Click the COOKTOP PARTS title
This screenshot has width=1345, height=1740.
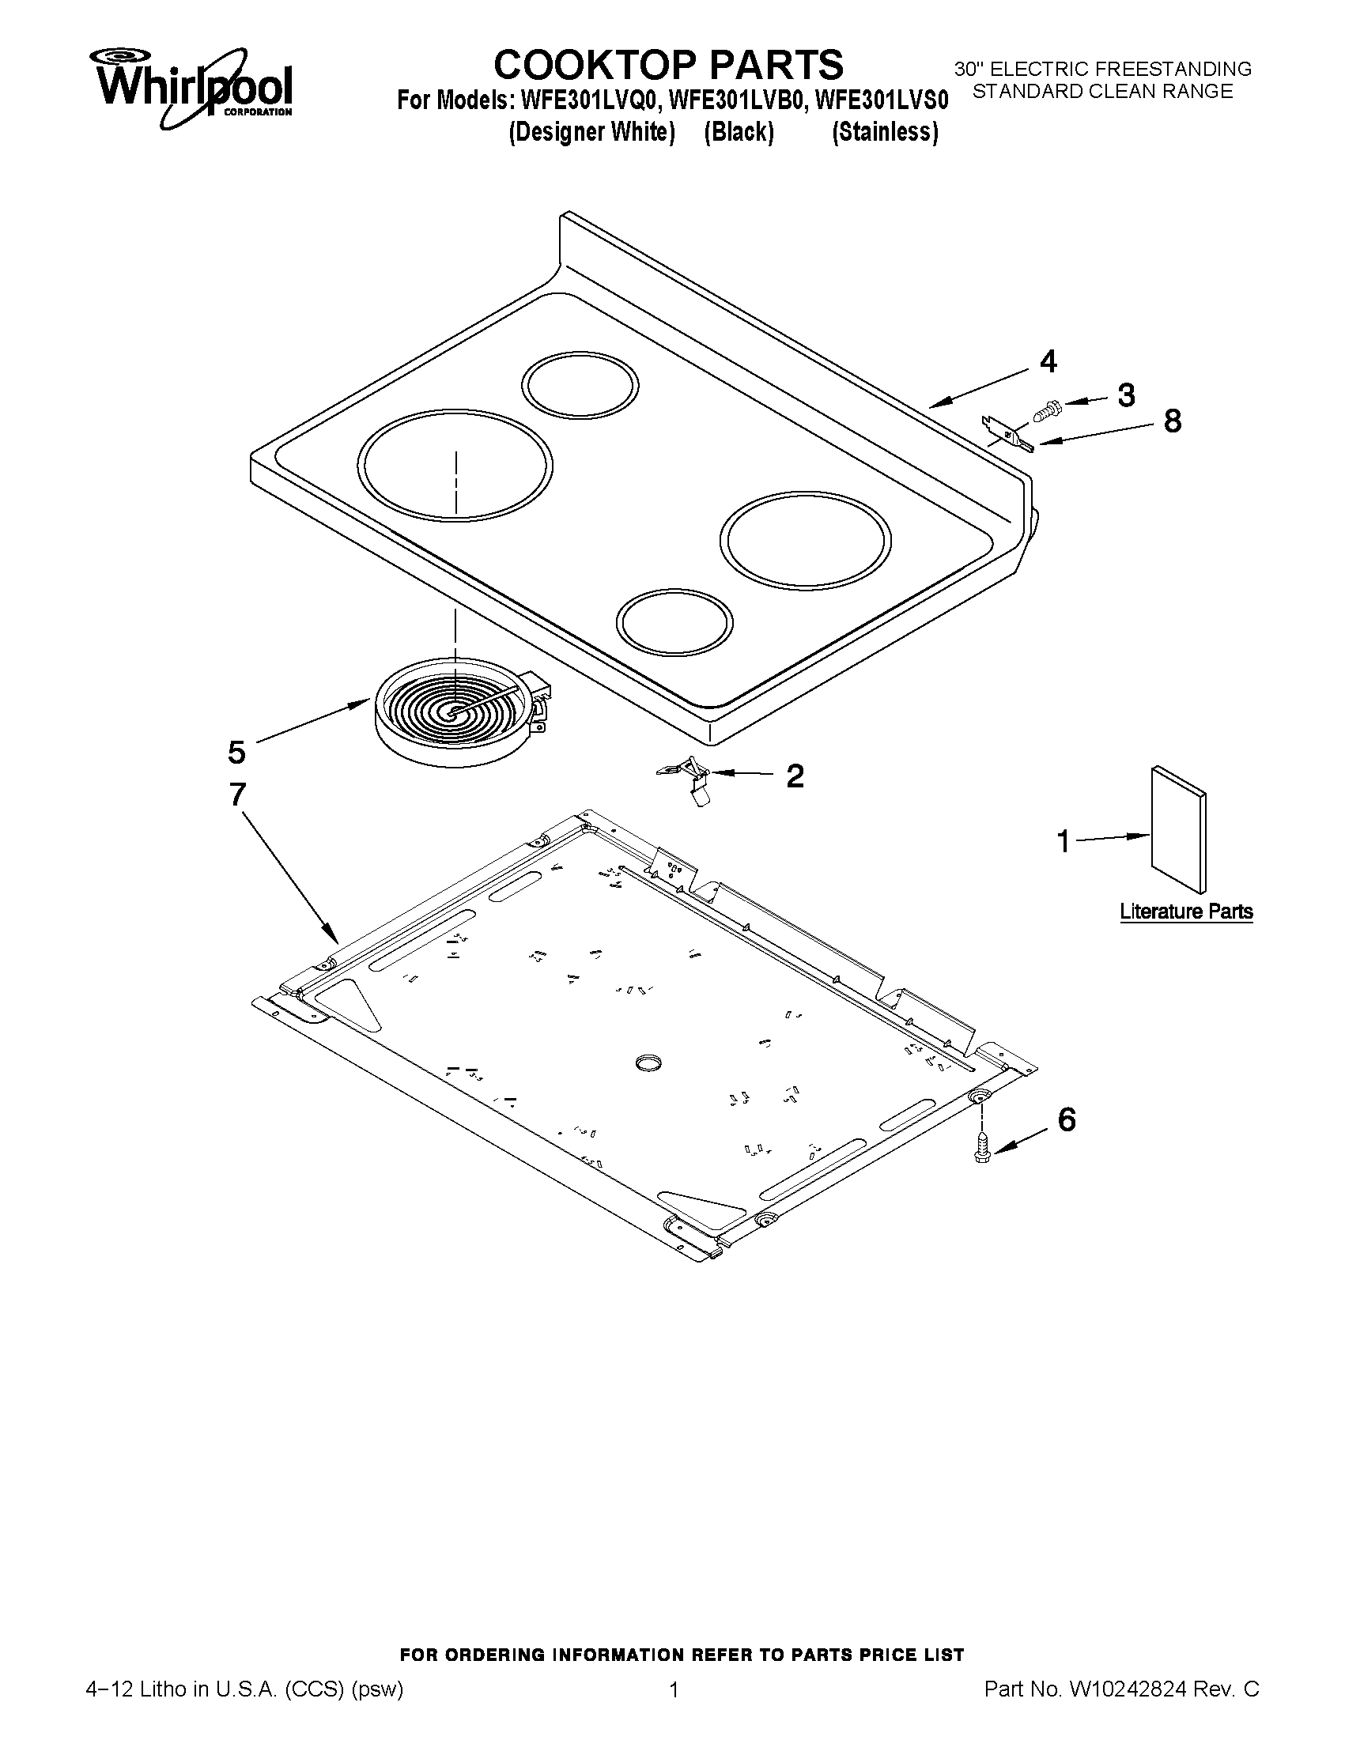point(667,64)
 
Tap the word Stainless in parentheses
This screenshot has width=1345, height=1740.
point(885,132)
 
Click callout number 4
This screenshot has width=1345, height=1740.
point(1048,362)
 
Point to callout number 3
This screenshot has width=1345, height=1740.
point(1126,395)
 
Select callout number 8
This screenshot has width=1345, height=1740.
point(1172,421)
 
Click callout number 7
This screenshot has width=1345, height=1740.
point(236,795)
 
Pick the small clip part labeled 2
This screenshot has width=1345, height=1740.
point(690,779)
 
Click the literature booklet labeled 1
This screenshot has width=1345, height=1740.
point(1177,829)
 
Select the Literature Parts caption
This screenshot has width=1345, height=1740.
point(1185,911)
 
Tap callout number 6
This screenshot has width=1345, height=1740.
point(1067,1120)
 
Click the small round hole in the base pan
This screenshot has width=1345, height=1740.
point(649,1061)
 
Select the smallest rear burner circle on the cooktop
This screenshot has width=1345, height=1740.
point(580,386)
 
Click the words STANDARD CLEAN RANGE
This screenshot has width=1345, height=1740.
point(1103,92)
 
